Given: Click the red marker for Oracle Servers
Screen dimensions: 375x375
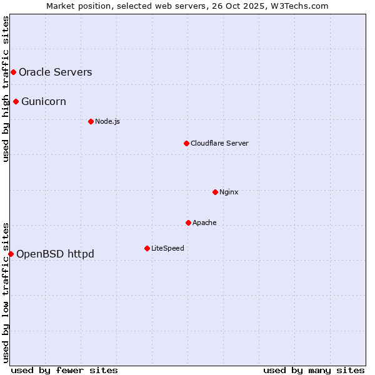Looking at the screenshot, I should [13, 72].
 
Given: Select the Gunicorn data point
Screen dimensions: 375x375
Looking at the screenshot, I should [16, 101].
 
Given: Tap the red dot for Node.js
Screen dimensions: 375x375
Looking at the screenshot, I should [91, 121].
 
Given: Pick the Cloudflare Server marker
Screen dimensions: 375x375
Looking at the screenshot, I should [186, 143].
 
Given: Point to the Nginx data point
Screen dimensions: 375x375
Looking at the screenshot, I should [215, 192].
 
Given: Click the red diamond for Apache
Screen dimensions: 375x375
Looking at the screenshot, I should [188, 222].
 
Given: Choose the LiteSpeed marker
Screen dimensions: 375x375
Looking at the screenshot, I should [147, 248].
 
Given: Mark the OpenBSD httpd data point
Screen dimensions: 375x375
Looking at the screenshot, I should [11, 254].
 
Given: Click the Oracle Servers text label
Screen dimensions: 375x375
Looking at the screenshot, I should [55, 72].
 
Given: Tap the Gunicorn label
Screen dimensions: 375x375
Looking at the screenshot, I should [44, 101].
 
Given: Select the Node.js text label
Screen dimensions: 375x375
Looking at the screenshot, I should [107, 121].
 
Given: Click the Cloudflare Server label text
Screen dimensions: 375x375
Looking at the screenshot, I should [219, 143].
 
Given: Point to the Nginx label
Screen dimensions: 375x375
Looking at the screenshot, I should [229, 192].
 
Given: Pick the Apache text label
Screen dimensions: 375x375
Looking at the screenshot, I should [204, 222].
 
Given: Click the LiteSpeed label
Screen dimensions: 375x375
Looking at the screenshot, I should [167, 248].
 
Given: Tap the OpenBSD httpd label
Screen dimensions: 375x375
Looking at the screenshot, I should [55, 254].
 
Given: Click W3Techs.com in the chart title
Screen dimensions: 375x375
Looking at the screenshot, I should [301, 6].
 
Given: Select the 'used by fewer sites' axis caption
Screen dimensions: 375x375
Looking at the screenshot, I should [64, 370].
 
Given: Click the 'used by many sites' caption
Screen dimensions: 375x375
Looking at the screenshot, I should [314, 370].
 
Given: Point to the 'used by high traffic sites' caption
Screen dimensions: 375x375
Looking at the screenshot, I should [6, 89].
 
